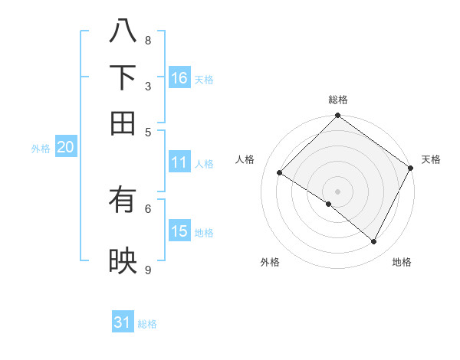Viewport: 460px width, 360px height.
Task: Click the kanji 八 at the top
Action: [123, 31]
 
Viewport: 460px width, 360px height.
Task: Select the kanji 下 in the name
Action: [123, 77]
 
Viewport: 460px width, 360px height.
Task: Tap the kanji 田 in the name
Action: [123, 123]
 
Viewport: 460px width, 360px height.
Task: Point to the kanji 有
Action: [123, 201]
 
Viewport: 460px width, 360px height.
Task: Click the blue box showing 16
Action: [179, 77]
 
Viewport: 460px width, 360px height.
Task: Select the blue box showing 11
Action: [179, 162]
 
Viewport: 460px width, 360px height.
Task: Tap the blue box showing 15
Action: [179, 231]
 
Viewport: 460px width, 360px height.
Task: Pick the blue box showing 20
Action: [65, 148]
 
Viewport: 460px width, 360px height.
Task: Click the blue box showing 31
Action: [123, 322]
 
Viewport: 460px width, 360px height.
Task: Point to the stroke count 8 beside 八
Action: [147, 41]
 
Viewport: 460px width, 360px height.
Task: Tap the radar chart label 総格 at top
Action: [337, 100]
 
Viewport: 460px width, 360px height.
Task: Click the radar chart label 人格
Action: [245, 159]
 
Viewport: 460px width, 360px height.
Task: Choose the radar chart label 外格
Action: [270, 262]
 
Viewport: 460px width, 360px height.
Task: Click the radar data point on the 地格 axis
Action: [374, 242]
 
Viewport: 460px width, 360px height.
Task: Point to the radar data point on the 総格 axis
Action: [337, 116]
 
